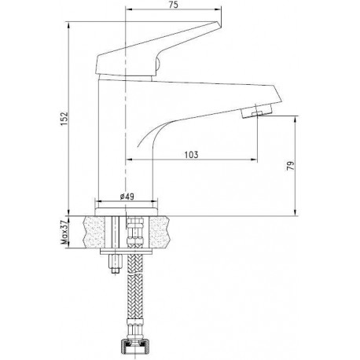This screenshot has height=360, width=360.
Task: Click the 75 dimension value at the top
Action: point(174,5)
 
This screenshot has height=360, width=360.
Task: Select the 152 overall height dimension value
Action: point(64,119)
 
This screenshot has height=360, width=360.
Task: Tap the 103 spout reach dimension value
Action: point(191,155)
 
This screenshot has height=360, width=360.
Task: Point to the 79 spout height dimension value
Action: point(291,166)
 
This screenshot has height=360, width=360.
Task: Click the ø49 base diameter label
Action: point(127,197)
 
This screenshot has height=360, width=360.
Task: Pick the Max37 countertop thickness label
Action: point(64,232)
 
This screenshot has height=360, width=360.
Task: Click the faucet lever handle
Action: point(156,50)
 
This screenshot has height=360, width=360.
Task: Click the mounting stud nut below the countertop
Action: point(116,264)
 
